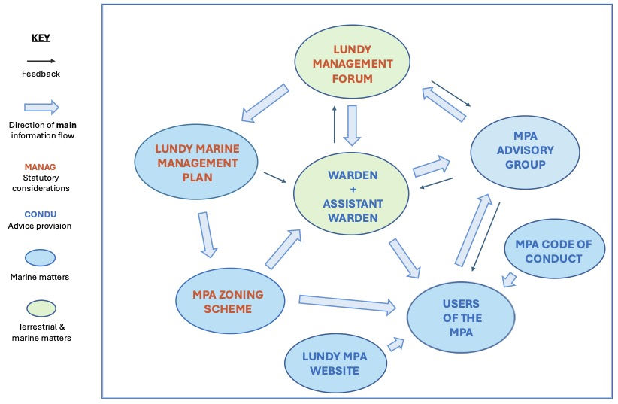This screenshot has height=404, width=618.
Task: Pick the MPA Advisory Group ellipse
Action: coord(525,151)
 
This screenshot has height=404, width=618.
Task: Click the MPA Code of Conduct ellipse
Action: coord(554,251)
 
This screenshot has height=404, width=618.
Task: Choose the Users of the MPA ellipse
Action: coord(460,317)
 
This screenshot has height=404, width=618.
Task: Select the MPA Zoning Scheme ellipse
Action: coord(230,300)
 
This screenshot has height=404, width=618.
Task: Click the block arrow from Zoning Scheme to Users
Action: coord(347,303)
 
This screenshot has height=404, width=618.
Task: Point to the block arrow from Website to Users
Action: coord(395,344)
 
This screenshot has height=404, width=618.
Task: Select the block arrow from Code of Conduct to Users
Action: coord(509,281)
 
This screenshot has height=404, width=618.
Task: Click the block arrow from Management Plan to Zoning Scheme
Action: coord(207,234)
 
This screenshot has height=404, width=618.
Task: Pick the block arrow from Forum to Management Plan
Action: coord(265,103)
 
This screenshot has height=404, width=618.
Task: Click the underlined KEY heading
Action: coord(41,38)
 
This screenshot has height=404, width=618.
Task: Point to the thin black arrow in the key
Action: coord(41,62)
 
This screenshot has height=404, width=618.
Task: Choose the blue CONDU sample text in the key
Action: coord(41,214)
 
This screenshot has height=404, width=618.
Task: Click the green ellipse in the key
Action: coord(41,308)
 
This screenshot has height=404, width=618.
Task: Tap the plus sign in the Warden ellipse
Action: coord(352,190)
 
